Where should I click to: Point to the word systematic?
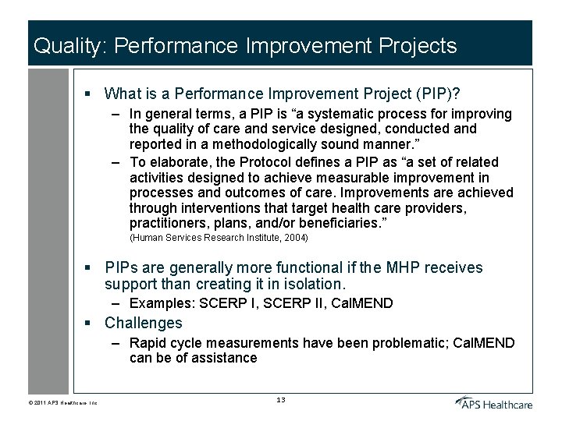point(349,114)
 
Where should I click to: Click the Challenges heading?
point(143,323)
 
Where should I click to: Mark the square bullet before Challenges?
point(89,324)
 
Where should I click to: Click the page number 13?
point(281,400)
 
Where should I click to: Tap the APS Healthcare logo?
point(494,402)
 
